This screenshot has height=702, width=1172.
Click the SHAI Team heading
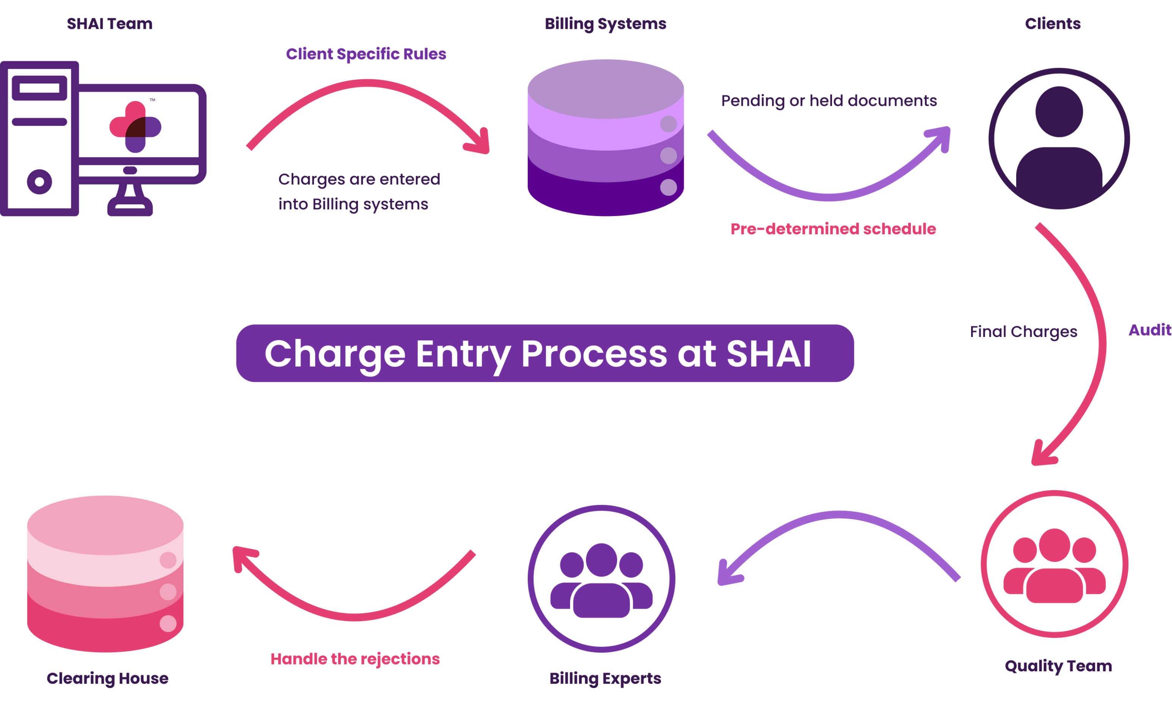(109, 24)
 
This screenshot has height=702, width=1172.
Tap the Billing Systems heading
(605, 24)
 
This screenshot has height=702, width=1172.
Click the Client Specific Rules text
(366, 54)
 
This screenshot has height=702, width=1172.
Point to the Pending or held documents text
(829, 101)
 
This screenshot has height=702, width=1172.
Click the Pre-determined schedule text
(833, 229)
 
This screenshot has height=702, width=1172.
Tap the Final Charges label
(1023, 332)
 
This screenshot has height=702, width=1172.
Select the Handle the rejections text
(355, 659)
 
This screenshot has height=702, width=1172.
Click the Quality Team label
(1058, 666)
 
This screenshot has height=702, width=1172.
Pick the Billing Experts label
(605, 678)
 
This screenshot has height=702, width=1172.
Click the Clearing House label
(107, 678)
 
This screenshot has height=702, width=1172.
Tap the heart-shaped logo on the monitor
(135, 127)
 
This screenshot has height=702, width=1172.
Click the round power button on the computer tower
(39, 182)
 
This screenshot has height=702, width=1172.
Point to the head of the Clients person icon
(1059, 112)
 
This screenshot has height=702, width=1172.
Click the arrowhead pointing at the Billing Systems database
(479, 142)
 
